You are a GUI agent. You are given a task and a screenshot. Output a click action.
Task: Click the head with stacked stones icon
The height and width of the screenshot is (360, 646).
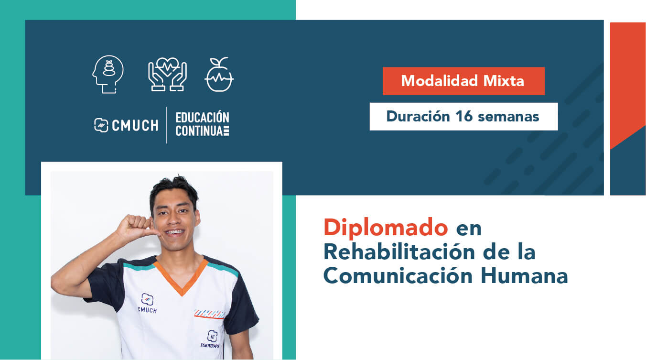[x=108, y=74]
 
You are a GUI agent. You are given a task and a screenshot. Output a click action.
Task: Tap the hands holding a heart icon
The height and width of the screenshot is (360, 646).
[x=167, y=75]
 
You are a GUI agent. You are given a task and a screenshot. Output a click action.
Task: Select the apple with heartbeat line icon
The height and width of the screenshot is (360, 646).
[x=219, y=75]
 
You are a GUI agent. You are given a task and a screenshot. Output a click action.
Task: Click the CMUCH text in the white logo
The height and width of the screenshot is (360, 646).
[x=135, y=125]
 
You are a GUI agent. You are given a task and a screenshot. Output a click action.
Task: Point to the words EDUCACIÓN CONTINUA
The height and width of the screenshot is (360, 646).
[x=203, y=124]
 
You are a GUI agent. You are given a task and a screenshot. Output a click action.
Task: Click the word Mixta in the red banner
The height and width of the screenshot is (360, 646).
[x=504, y=81]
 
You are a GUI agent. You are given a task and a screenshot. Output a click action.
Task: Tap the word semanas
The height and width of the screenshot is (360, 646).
[x=508, y=117]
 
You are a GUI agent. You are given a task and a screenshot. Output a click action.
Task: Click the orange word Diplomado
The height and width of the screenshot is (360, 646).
[x=386, y=228]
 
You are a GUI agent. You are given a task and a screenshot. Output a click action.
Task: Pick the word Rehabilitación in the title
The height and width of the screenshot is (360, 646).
[x=399, y=252]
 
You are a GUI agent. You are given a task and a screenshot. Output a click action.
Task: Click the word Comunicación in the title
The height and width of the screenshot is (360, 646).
[x=398, y=276]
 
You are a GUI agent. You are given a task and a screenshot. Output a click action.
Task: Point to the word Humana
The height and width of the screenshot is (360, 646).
[x=524, y=276]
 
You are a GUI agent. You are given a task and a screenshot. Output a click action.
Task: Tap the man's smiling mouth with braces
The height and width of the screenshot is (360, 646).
[x=174, y=232]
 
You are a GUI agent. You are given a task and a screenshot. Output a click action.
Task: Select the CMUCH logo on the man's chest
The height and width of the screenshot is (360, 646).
[x=147, y=303]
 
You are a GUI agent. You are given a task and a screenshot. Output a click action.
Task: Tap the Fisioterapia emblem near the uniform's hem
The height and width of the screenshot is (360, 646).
[x=211, y=339]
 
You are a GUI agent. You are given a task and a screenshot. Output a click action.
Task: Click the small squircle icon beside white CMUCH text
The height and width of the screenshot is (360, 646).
[x=101, y=125]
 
